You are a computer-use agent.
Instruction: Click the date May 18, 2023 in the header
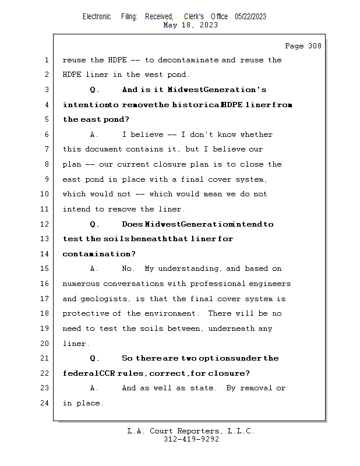point(191,25)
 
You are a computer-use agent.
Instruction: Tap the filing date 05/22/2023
point(250,16)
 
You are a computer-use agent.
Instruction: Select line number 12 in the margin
point(46,224)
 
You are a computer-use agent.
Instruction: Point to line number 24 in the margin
point(46,403)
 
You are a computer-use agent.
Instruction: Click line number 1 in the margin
point(47,60)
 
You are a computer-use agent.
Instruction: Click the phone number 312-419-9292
point(191,439)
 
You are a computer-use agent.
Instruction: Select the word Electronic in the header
point(97,16)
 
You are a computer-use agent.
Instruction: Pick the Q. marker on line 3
point(95,90)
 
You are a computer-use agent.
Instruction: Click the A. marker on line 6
point(95,135)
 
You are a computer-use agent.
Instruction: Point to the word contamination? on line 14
point(99,254)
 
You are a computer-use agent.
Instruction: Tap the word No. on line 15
point(129,269)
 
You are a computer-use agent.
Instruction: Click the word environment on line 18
point(174,313)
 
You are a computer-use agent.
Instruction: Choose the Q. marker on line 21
point(95,358)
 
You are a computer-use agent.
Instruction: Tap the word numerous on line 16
point(80,284)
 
